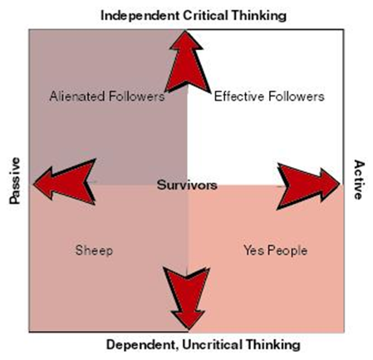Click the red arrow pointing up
pyautogui.click(x=188, y=62)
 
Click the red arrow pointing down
pyautogui.click(x=187, y=298)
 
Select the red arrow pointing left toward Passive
pyautogui.click(x=65, y=182)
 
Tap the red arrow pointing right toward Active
pyautogui.click(x=308, y=186)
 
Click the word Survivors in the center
pyautogui.click(x=187, y=185)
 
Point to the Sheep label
pyautogui.click(x=94, y=250)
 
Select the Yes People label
pyautogui.click(x=276, y=250)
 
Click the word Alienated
pyautogui.click(x=77, y=96)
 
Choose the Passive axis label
pyautogui.click(x=15, y=180)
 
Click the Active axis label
pyautogui.click(x=358, y=180)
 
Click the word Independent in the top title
pyautogui.click(x=140, y=16)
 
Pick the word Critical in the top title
pyautogui.click(x=206, y=15)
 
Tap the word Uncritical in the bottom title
pyautogui.click(x=212, y=345)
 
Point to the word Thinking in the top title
pyautogui.click(x=259, y=16)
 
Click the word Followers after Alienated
pyautogui.click(x=136, y=96)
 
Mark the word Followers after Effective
pyautogui.click(x=296, y=96)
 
